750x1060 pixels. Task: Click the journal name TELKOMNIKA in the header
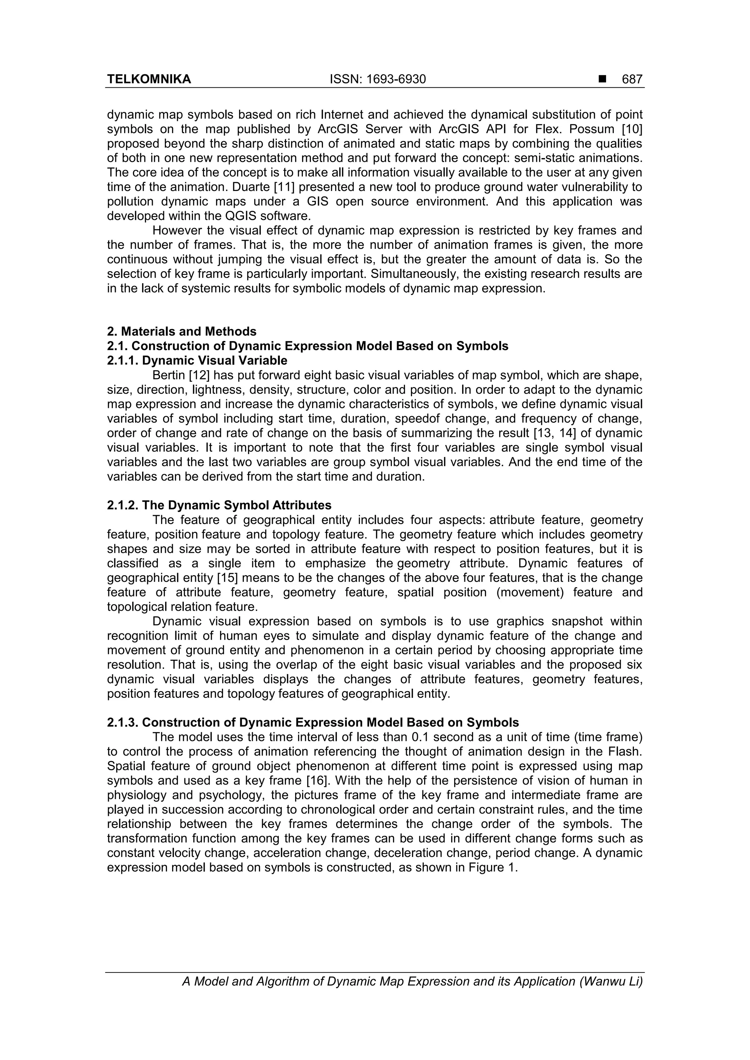(149, 79)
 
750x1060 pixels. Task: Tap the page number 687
(632, 79)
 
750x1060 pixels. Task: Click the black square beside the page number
(602, 79)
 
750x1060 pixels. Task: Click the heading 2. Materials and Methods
(182, 332)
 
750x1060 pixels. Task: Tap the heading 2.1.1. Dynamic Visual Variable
(197, 360)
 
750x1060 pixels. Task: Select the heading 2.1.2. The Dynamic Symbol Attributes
(219, 506)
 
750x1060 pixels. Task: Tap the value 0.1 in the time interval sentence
(420, 737)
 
